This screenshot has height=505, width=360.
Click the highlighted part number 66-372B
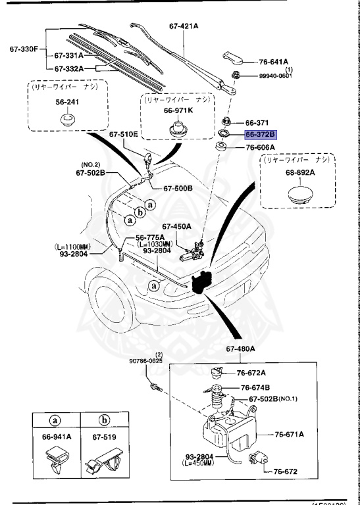click(261, 135)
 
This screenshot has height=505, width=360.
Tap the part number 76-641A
click(272, 62)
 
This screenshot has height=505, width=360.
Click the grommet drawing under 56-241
click(65, 120)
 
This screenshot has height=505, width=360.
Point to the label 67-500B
click(178, 187)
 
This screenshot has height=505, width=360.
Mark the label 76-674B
click(255, 387)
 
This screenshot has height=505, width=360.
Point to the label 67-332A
click(69, 68)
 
